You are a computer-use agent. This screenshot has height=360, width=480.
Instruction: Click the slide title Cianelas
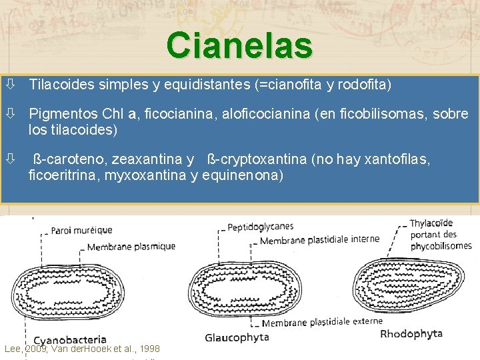point(240,45)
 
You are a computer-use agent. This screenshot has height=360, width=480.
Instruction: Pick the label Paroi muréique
point(81,231)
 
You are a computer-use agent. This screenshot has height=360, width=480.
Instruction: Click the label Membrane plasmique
point(131,247)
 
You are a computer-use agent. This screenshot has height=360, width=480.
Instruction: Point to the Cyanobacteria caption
point(70,340)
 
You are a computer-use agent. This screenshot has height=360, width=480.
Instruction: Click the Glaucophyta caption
point(237,337)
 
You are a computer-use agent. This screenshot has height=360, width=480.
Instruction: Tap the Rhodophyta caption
point(411,333)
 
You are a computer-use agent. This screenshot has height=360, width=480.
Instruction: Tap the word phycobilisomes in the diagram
point(441,245)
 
